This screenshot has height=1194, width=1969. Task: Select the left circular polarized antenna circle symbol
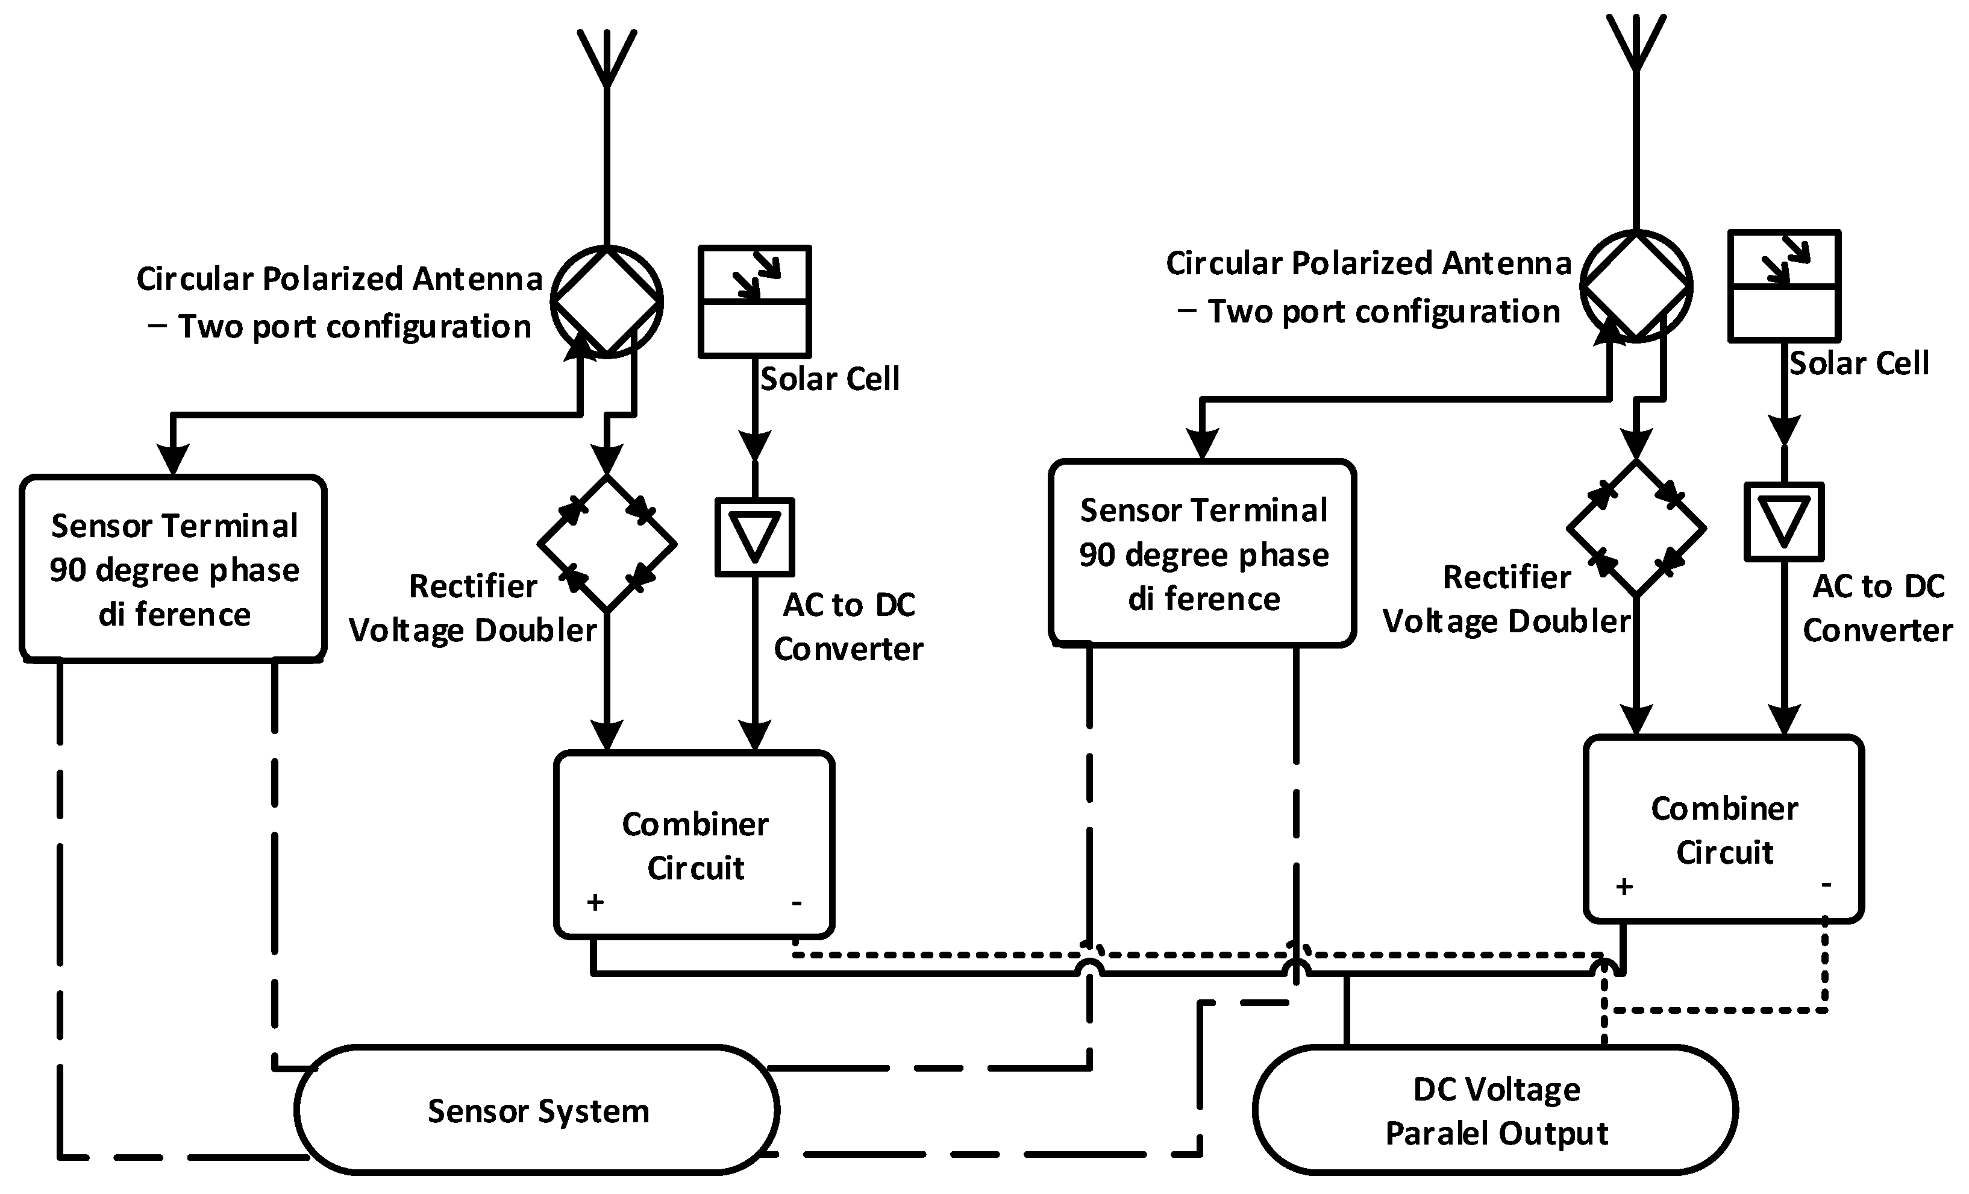tap(607, 301)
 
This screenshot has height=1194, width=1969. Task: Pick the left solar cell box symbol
tap(754, 301)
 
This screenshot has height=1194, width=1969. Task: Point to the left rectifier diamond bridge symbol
tap(607, 544)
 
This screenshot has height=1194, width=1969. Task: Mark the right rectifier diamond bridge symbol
tap(1636, 528)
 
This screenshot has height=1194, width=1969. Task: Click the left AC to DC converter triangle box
tap(754, 537)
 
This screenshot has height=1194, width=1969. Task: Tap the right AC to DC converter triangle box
tap(1783, 521)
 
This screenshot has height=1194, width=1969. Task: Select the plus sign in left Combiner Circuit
tap(595, 902)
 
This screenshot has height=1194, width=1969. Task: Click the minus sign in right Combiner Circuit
tap(1826, 885)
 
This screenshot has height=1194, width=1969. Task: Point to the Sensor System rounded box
tap(537, 1110)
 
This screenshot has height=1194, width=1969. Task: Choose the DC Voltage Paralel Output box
tap(1495, 1110)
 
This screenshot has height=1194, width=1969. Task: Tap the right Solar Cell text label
tap(1858, 363)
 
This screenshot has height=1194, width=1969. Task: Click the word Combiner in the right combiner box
tap(1724, 809)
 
